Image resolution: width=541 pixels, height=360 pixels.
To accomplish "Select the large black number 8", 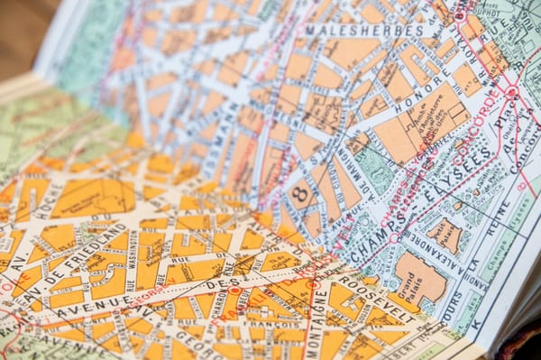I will pos(301,194).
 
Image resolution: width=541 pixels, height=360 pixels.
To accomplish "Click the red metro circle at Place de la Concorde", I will pos(511,92).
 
